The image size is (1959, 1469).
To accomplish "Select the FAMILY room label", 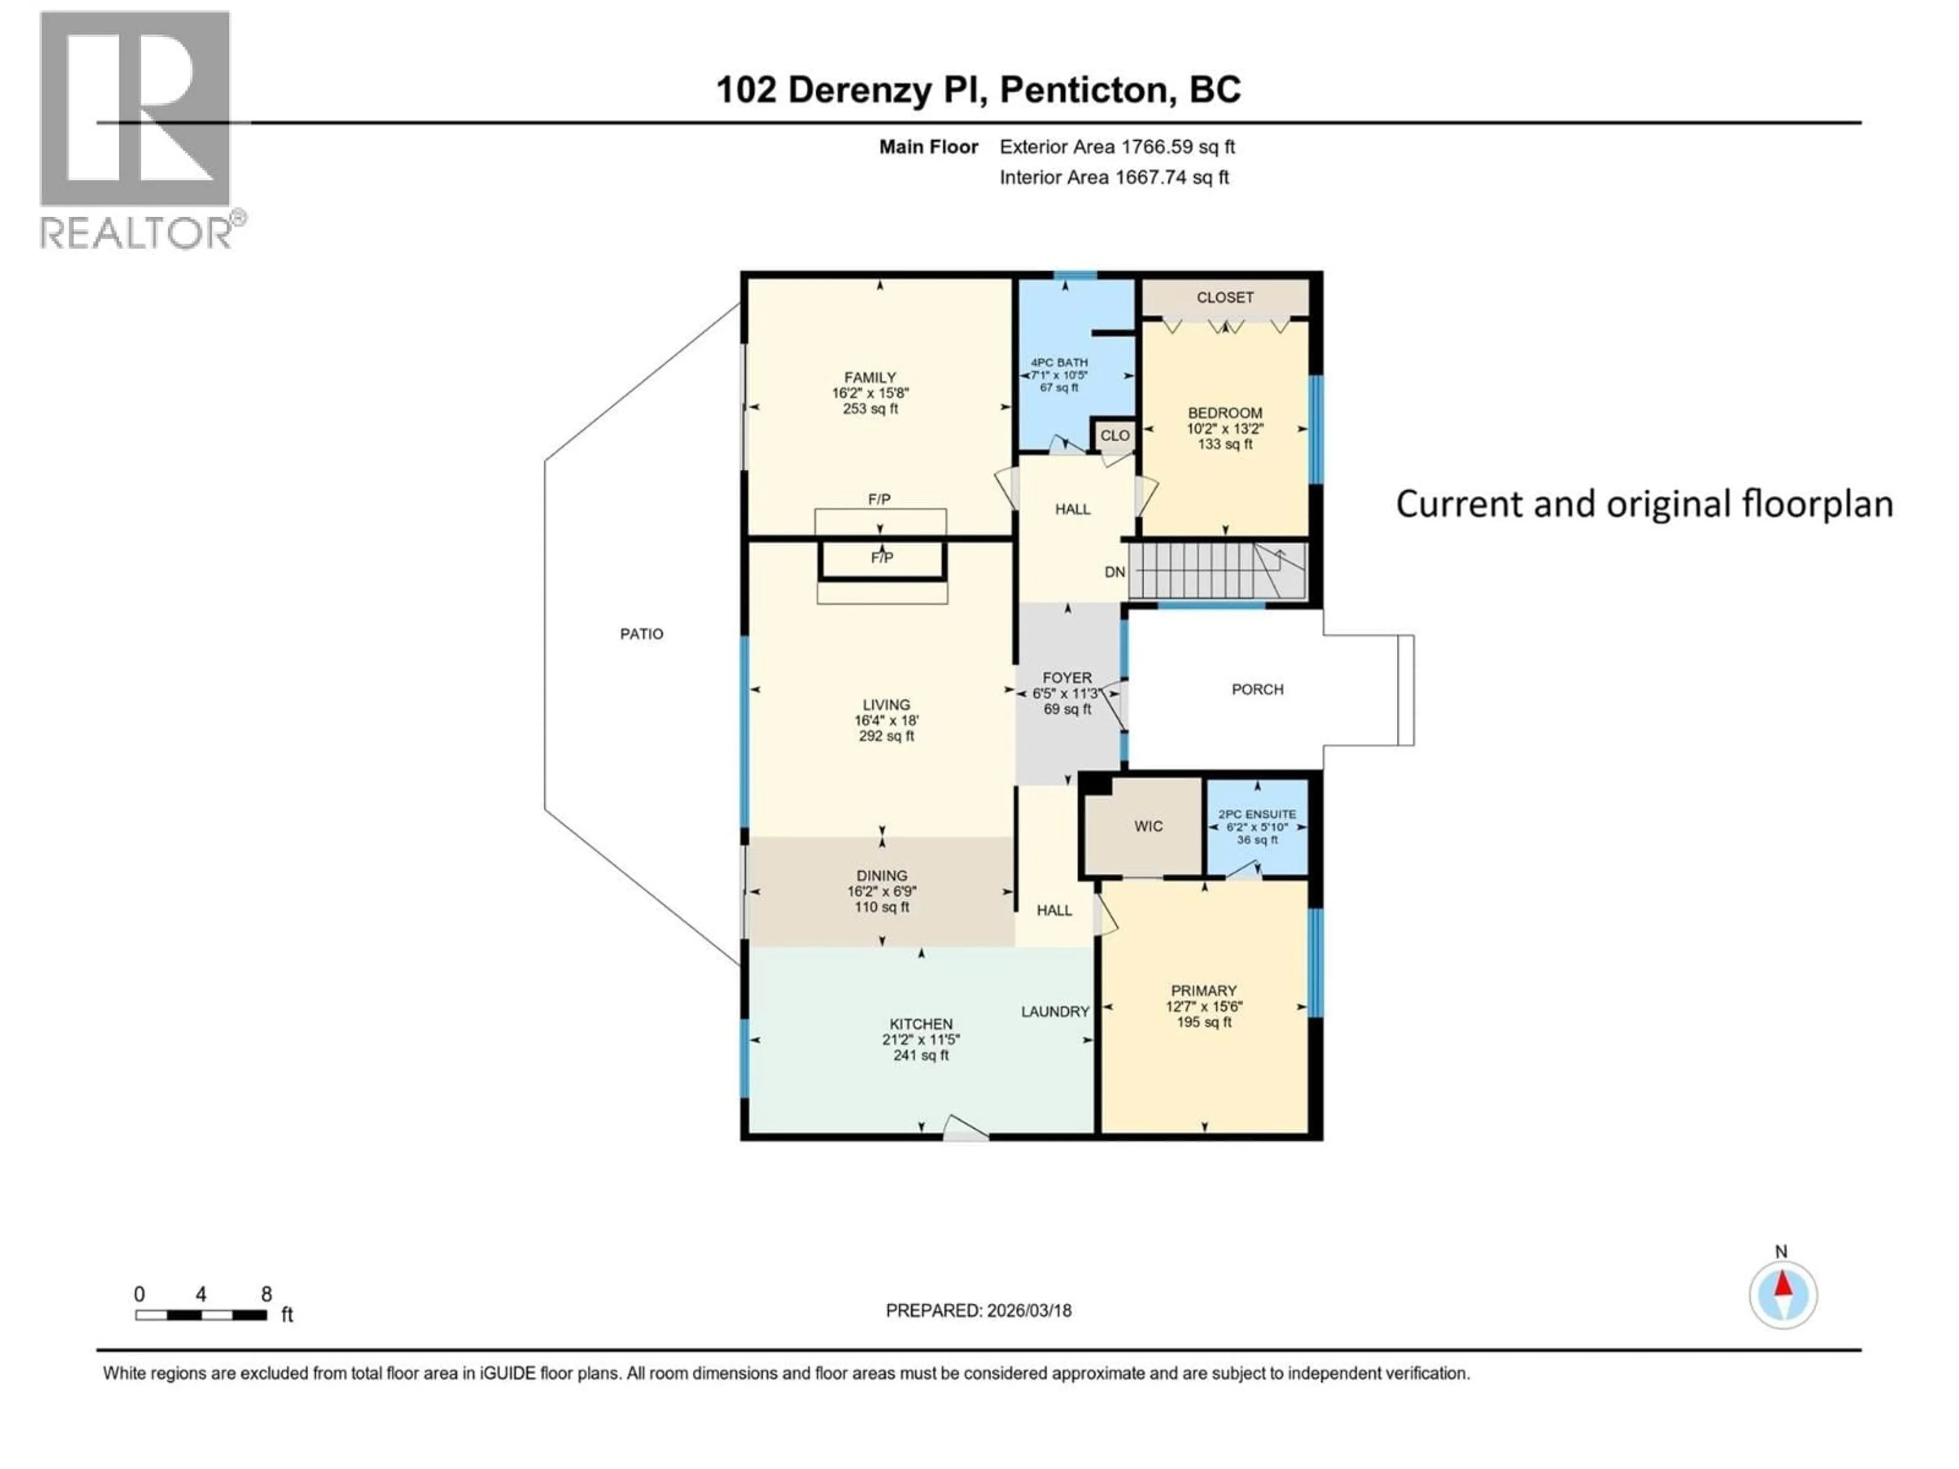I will (x=870, y=377).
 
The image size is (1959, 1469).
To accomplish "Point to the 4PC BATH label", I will (x=1059, y=362).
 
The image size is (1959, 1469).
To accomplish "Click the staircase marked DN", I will (x=1217, y=571).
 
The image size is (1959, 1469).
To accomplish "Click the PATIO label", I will (x=641, y=634).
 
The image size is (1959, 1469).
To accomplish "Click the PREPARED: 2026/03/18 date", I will (x=978, y=1310).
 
